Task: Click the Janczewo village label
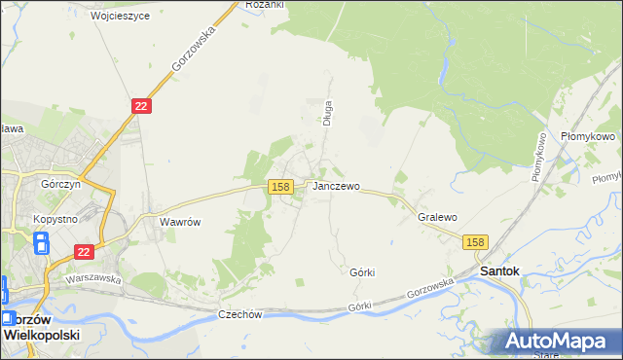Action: [337, 186]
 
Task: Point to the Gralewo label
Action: [437, 218]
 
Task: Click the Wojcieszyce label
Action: [118, 17]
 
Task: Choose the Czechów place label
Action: [242, 314]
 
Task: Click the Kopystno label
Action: [55, 219]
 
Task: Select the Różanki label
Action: [265, 5]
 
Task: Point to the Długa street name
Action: [329, 113]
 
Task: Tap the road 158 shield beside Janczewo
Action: [280, 186]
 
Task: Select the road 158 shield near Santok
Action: [475, 242]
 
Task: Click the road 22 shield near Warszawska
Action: [85, 251]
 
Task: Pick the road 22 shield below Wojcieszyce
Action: [141, 106]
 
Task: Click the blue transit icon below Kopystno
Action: [41, 242]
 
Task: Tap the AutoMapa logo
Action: [557, 341]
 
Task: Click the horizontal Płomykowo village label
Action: [588, 137]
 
